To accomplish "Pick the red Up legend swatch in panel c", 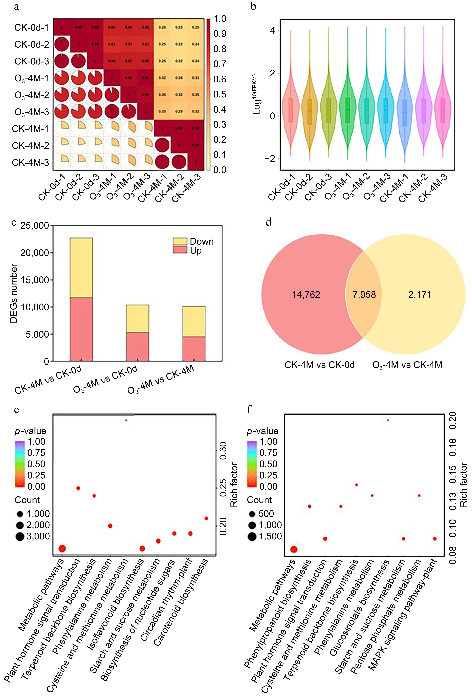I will (180, 250).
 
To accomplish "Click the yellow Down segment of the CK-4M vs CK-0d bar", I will (81, 268).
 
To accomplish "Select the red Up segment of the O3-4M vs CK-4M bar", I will (194, 349).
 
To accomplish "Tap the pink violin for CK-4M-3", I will (443, 111).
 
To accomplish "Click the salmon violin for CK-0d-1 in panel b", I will (290, 111).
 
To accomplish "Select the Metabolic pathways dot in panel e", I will (62, 549).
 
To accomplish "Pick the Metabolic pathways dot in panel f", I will (294, 549).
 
